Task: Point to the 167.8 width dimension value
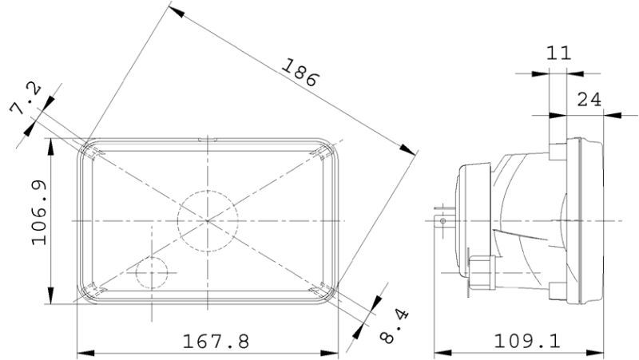(216, 342)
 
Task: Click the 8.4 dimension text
(391, 326)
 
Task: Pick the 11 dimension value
(558, 53)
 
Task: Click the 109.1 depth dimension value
(527, 342)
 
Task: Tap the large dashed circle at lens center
(208, 220)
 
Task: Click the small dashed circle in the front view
(151, 275)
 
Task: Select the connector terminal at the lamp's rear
(440, 216)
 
